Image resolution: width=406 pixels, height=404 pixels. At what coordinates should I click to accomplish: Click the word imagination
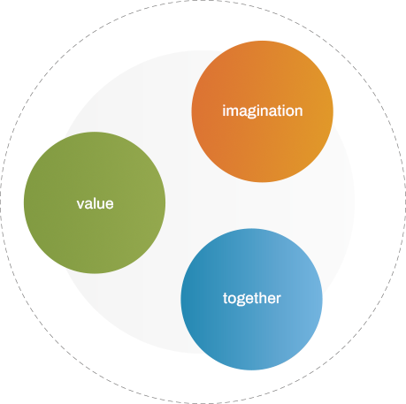(x=263, y=111)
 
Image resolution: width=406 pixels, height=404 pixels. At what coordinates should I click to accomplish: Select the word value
(x=95, y=203)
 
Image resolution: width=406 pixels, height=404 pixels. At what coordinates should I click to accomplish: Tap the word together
(x=252, y=298)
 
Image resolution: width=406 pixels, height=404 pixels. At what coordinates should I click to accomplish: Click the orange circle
(x=263, y=111)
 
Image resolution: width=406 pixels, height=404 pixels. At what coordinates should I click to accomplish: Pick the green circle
(x=95, y=202)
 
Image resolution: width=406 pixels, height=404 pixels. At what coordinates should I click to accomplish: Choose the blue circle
(x=251, y=300)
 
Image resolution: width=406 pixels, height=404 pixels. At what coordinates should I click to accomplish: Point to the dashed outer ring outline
(x=203, y=1)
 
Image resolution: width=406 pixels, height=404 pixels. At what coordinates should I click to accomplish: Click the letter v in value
(x=80, y=205)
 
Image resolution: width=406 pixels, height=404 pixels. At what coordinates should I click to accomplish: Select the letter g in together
(x=241, y=301)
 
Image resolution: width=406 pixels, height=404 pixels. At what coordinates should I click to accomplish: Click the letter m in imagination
(x=233, y=112)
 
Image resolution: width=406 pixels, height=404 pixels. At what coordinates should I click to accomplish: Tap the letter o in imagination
(x=287, y=112)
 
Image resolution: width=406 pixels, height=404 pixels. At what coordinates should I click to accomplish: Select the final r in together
(x=277, y=299)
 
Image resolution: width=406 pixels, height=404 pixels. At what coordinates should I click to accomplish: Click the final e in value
(x=110, y=205)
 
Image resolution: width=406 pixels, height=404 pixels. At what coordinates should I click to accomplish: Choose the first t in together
(x=225, y=298)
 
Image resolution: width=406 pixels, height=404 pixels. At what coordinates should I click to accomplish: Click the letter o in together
(x=232, y=300)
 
